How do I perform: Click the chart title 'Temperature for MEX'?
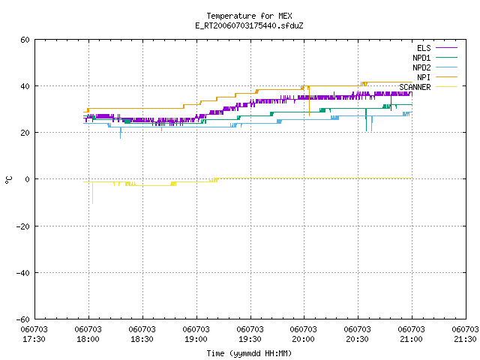coord(249,16)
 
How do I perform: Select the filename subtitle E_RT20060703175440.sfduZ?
coord(249,25)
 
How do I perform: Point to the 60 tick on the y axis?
coord(25,40)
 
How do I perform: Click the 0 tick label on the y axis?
coord(28,179)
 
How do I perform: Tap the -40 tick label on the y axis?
coord(23,273)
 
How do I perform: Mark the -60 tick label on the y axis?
coord(23,319)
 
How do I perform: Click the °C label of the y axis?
coord(8,180)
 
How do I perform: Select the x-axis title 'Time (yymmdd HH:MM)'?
coord(249,353)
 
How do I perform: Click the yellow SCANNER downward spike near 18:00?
coord(92,193)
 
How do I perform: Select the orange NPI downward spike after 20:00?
coord(309,101)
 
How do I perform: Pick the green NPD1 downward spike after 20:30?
coord(366,120)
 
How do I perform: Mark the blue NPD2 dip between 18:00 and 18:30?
coord(120,133)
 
